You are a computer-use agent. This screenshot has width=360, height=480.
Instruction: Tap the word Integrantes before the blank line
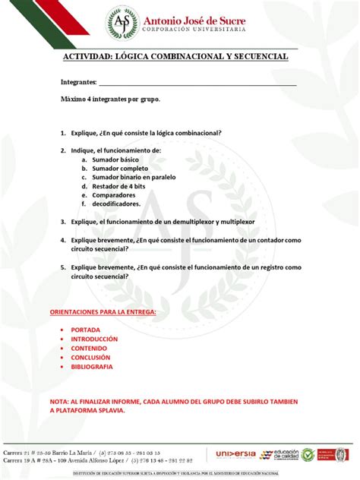pos(78,81)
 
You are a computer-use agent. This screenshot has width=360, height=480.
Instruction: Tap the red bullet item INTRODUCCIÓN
pos(94,339)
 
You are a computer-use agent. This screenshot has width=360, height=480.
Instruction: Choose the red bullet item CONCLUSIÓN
pos(90,357)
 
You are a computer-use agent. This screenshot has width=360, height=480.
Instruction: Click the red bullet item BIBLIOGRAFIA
pos(91,366)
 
